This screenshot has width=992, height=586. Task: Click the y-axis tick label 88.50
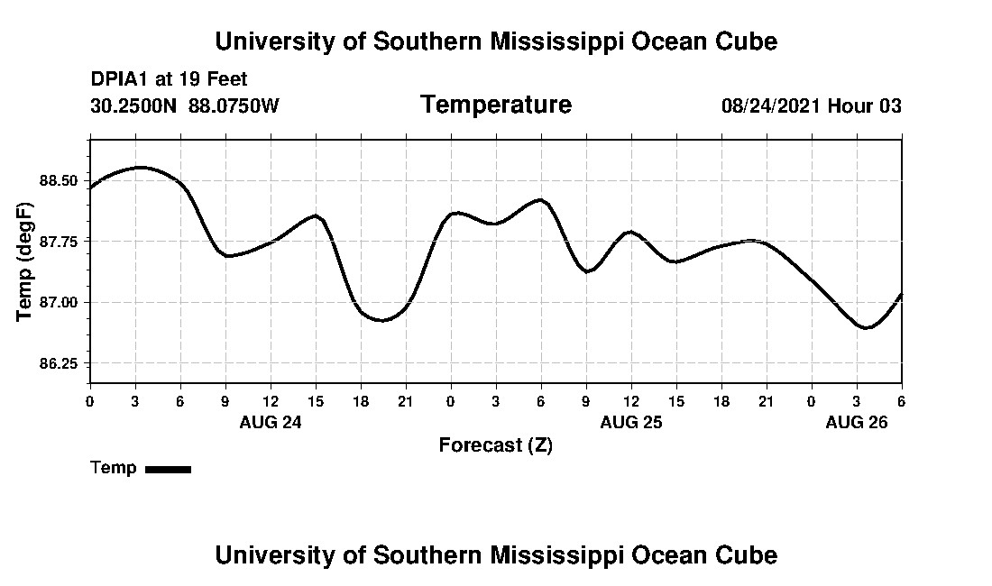[60, 180]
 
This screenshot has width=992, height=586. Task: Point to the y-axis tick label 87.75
[60, 242]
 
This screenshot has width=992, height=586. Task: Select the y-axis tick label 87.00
[60, 302]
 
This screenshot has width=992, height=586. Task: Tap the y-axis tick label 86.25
[60, 363]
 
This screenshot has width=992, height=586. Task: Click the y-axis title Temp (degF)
[24, 261]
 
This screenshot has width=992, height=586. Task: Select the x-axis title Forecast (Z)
[495, 445]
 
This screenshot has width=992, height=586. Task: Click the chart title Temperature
[495, 105]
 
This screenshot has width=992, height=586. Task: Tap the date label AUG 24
[271, 422]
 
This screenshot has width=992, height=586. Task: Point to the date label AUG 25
[631, 422]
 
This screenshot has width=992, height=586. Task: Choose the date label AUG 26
[857, 422]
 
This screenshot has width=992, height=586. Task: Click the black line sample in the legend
[168, 469]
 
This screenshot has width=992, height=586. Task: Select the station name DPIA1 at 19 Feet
[169, 80]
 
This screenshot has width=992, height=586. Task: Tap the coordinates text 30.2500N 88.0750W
[185, 106]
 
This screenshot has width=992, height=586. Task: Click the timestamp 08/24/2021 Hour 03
[811, 106]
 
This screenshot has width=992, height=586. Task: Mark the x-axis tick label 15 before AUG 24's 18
[316, 400]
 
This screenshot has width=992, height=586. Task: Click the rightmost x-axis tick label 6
[901, 400]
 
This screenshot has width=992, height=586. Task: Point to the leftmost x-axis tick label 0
[90, 400]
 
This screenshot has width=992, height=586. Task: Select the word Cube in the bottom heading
[749, 554]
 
